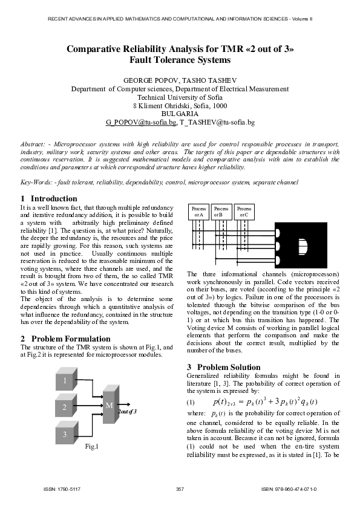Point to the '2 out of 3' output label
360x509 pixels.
coord(127,411)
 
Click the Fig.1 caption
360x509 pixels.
coord(91,447)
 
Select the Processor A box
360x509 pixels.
coord(199,212)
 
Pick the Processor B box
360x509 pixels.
coord(221,212)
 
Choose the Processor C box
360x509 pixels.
coord(244,212)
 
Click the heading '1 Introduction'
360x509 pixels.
coord(41,198)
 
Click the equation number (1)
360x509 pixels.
coord(191,402)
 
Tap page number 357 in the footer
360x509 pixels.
coord(179,488)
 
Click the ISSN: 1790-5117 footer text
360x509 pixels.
coord(63,488)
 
